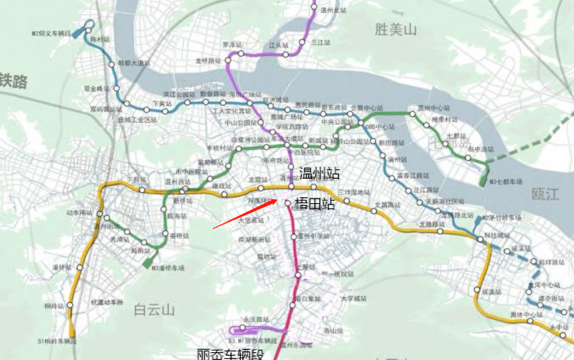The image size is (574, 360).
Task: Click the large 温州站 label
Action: click(319, 173)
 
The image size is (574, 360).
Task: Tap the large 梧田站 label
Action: click(314, 203)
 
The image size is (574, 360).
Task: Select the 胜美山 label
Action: click(395, 30)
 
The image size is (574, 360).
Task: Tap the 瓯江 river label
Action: click(545, 194)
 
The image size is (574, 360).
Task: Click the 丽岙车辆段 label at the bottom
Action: click(230, 354)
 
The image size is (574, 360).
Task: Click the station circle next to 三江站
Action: click(302, 42)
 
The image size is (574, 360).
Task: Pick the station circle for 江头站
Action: click(285, 54)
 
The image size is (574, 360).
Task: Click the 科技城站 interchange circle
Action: click(480, 240)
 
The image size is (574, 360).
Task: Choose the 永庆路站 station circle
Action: click(242, 327)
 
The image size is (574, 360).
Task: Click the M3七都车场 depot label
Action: click(505, 181)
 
